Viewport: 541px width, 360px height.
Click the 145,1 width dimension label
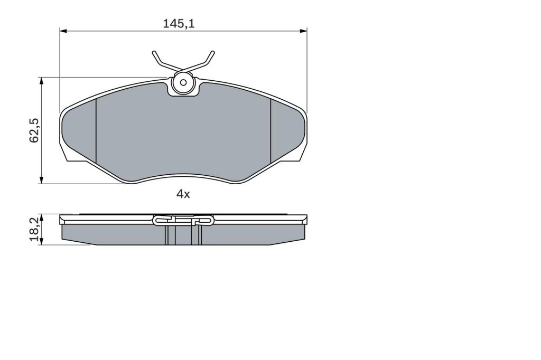tap(179, 23)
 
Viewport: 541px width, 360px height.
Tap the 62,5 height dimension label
tap(34, 130)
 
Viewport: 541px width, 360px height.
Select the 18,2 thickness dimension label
tap(34, 229)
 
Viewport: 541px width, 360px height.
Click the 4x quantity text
tap(183, 194)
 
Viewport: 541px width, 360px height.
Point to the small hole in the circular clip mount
tap(183, 83)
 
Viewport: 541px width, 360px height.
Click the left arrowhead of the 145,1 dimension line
tap(63, 31)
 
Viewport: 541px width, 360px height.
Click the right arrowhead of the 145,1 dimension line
tap(304, 31)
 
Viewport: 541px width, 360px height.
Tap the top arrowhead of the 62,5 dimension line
tap(41, 81)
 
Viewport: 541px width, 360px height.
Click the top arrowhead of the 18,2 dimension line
tap(41, 217)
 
